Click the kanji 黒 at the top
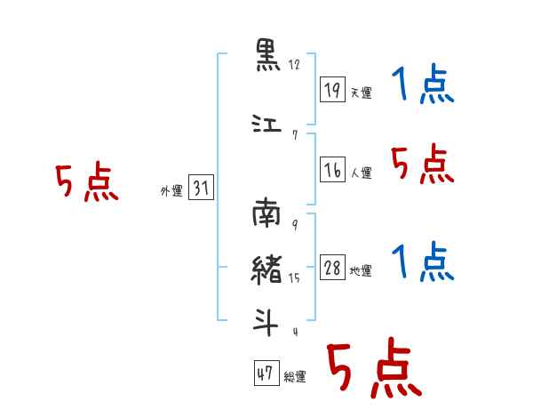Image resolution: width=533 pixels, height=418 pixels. (268, 55)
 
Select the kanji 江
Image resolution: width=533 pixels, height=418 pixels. (266, 124)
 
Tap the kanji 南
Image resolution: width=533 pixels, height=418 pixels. (266, 213)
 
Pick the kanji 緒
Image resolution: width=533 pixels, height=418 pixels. (266, 269)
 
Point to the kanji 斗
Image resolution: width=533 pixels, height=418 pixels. (266, 322)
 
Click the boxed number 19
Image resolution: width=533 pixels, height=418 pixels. (332, 90)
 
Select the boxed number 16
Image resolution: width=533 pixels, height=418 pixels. (332, 169)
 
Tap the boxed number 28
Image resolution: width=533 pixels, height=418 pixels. (332, 267)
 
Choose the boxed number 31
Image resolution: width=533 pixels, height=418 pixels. (201, 187)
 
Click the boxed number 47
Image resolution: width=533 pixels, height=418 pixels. (266, 373)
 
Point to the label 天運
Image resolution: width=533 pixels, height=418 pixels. (362, 92)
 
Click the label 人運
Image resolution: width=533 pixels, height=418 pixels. (362, 173)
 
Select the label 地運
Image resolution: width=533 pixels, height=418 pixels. (361, 271)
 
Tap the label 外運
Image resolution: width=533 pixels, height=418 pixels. (171, 191)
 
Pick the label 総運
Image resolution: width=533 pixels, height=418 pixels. (295, 377)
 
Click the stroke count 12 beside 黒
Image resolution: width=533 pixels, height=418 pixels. (294, 65)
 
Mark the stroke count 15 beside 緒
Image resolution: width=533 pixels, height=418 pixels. (294, 278)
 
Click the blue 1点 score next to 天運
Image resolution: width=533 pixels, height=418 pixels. (423, 84)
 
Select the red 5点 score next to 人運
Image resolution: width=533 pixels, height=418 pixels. (423, 164)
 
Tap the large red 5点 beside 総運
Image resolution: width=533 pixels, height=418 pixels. (375, 367)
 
